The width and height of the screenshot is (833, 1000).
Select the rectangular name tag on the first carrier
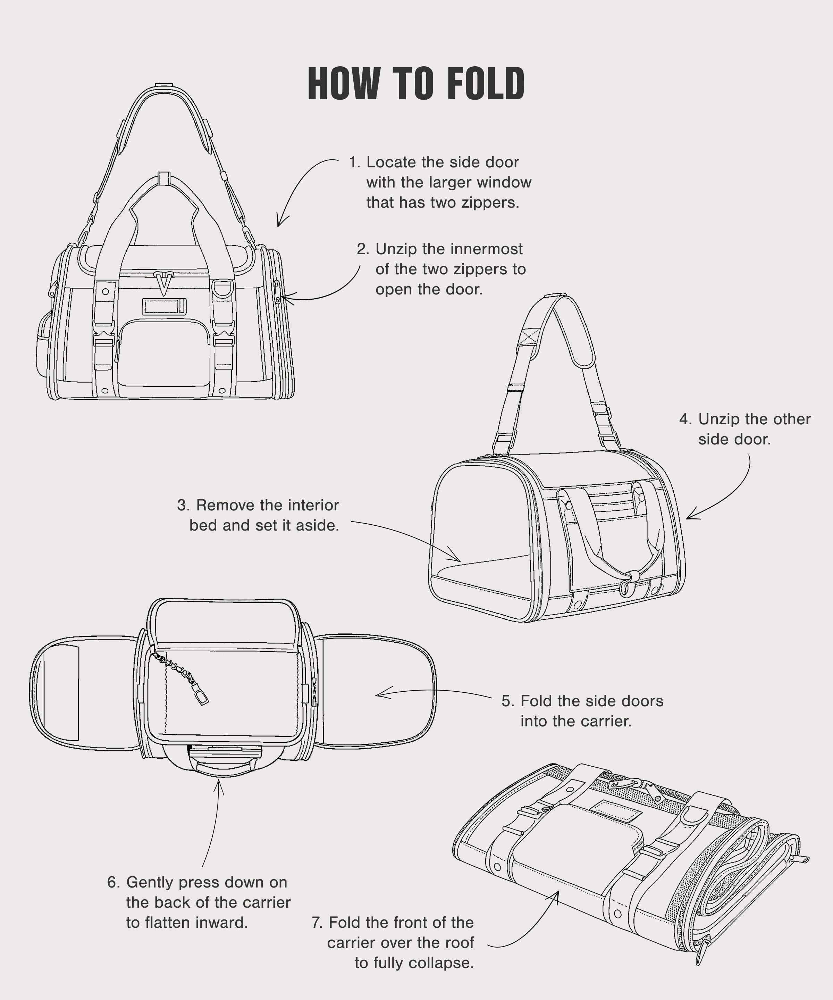point(164,307)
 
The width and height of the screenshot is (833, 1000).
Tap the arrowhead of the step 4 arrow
point(688,517)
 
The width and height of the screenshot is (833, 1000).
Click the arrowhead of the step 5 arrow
point(378,695)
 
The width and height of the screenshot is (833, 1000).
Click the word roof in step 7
point(458,943)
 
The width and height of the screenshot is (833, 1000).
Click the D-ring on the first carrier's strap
point(223,288)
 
